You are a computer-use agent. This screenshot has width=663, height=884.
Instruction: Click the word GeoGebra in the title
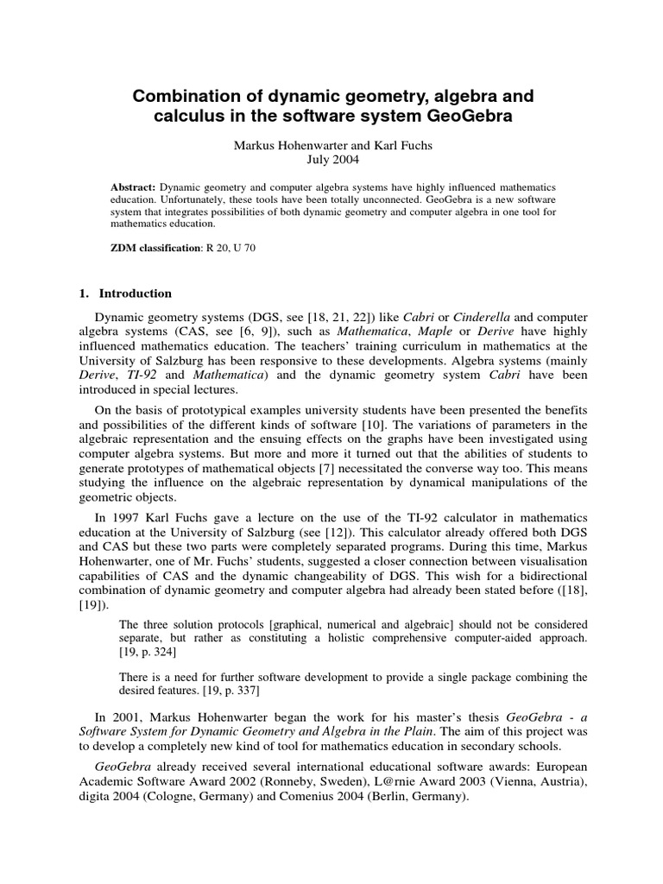[x=470, y=116]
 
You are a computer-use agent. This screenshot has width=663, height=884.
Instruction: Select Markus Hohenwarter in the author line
[x=287, y=146]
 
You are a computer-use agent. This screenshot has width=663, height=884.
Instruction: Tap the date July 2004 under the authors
[x=332, y=160]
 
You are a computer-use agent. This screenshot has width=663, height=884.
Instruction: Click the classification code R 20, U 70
[x=229, y=248]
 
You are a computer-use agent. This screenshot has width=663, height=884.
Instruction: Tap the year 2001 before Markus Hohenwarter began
[x=121, y=717]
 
